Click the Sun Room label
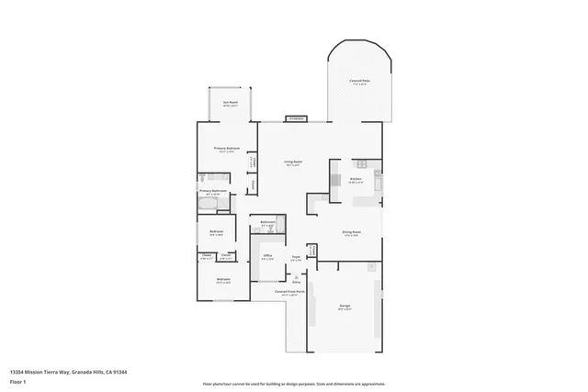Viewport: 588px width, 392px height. (x=231, y=103)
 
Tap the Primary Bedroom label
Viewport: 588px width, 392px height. (x=225, y=149)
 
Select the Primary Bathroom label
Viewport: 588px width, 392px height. (x=213, y=191)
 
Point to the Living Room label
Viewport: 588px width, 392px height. (x=293, y=162)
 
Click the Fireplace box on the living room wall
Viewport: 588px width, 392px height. (x=296, y=118)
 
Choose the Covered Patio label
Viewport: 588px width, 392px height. (x=360, y=82)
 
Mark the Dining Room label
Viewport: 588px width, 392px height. (x=350, y=233)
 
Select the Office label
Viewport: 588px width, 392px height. (x=267, y=255)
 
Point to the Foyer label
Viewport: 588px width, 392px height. (x=296, y=257)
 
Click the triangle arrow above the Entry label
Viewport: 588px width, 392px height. (x=296, y=275)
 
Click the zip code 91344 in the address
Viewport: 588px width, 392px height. (x=119, y=372)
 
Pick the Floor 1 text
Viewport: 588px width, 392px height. (x=18, y=381)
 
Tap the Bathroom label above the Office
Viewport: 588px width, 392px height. (x=267, y=223)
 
